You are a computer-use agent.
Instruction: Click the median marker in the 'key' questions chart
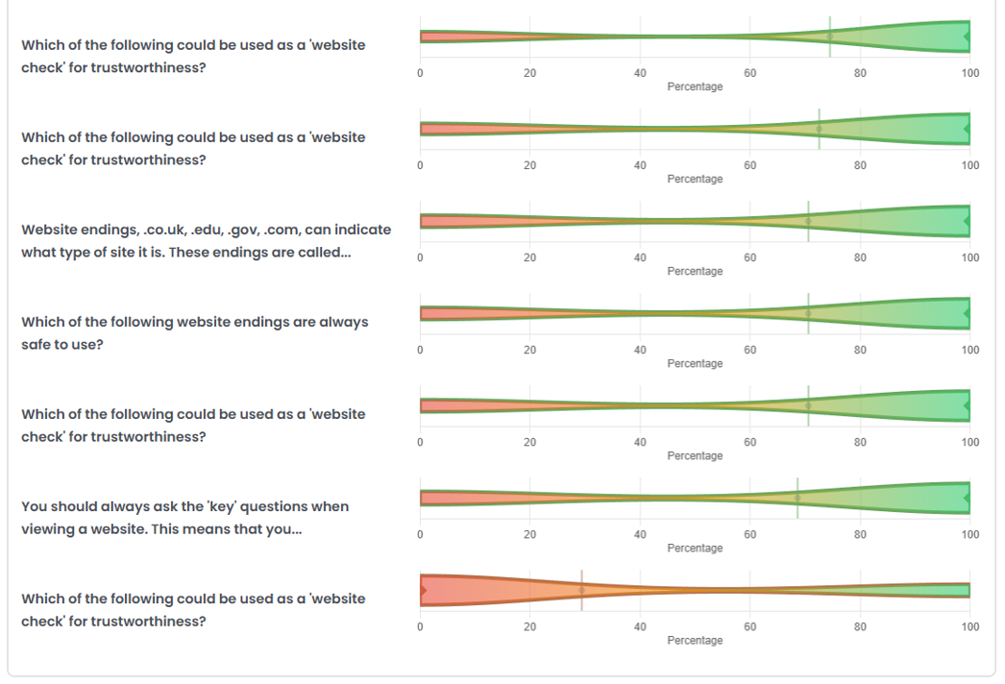(797, 498)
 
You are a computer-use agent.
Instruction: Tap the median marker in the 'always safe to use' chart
(808, 313)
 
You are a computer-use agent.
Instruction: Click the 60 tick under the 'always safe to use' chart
(750, 350)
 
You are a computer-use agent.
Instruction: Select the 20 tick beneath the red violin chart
(530, 626)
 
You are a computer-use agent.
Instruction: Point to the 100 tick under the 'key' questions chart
(970, 534)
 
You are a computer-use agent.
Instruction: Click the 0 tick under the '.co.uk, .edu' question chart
(420, 257)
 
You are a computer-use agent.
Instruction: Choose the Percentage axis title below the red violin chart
(695, 640)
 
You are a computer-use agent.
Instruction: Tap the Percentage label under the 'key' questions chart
(695, 548)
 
